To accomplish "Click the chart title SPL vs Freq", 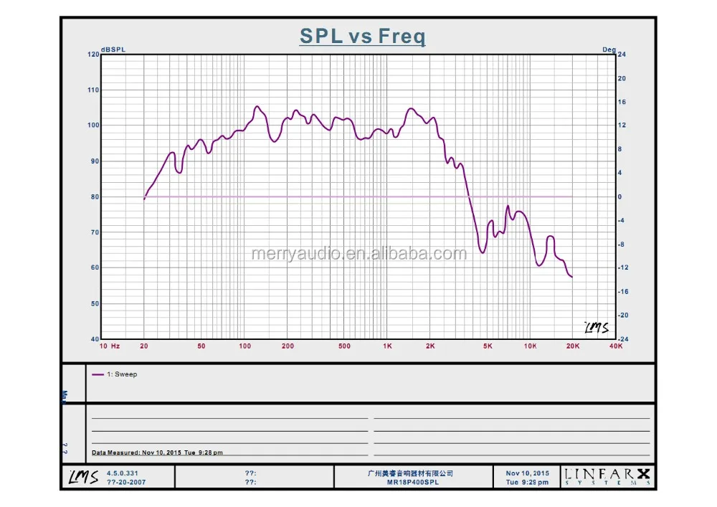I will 362,37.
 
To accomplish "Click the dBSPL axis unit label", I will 113,49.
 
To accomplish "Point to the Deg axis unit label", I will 609,49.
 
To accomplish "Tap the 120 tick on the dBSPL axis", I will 93,55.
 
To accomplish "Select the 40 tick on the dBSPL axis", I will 95,338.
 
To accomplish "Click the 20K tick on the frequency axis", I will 573,346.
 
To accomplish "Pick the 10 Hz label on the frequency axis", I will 109,346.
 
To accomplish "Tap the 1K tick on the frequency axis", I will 387,346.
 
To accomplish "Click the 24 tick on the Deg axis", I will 622,55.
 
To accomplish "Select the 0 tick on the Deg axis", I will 619,196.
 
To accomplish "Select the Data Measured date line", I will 158,452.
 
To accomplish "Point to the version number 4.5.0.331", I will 122,473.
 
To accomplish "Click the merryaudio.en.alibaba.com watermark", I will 358,253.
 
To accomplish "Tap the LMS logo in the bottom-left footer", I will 83,477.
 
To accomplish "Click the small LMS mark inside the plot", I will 596,327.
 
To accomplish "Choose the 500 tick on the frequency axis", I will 345,346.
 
